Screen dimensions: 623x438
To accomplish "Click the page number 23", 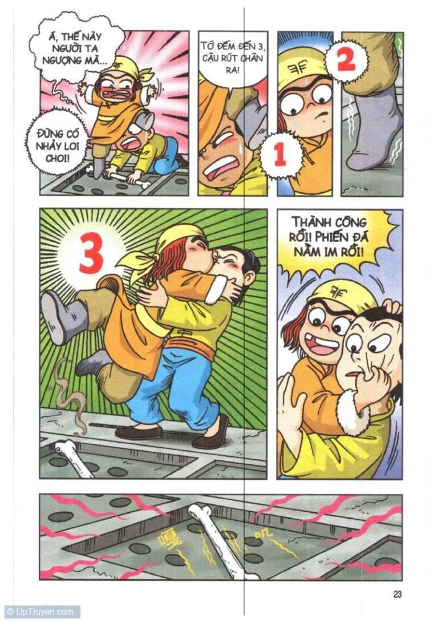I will (398, 594).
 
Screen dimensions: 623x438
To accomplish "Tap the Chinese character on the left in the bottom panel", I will (170, 536).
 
